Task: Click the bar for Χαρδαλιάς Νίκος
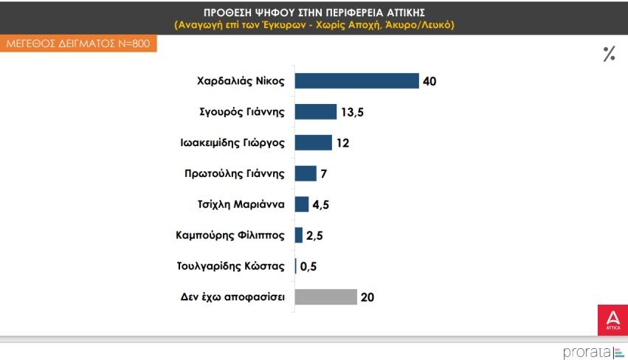356,81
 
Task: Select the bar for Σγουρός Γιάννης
315,112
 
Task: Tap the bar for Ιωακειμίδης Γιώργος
313,142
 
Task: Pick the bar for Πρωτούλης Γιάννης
306,173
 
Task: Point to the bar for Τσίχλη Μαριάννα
301,204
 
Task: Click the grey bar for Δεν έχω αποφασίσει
325,297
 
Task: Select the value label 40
429,81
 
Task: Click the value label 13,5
352,112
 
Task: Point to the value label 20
368,297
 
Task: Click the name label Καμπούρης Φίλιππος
231,235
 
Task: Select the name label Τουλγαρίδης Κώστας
231,266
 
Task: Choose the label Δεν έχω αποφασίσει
232,297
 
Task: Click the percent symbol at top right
609,54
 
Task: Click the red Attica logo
612,319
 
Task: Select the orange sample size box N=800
78,44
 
